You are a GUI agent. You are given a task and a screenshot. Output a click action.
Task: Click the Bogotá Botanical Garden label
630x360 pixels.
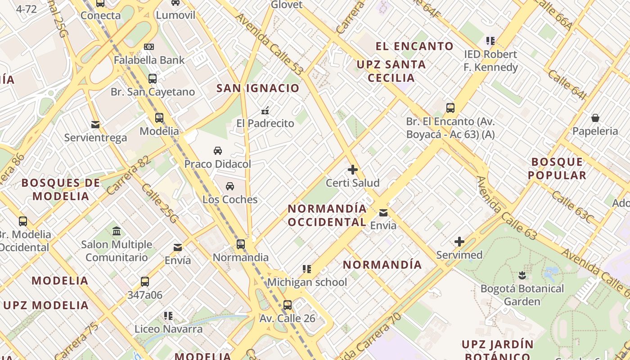pyautogui.click(x=522, y=295)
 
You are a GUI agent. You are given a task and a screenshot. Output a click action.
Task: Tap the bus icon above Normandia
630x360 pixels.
pyautogui.click(x=241, y=244)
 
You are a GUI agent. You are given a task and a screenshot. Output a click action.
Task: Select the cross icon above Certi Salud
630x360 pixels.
pyautogui.click(x=353, y=170)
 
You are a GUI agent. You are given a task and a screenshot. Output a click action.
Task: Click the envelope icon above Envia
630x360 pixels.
pyautogui.click(x=383, y=212)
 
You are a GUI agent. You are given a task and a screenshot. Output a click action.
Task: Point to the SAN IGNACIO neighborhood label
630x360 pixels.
pyautogui.click(x=258, y=88)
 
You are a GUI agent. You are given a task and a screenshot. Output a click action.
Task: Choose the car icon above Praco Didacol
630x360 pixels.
pyautogui.click(x=218, y=150)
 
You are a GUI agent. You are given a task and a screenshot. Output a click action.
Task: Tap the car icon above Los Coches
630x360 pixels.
pyautogui.click(x=230, y=186)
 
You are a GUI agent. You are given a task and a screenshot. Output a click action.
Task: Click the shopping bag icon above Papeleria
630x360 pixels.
pyautogui.click(x=595, y=118)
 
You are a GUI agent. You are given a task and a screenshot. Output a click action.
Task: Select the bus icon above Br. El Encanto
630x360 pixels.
pyautogui.click(x=450, y=108)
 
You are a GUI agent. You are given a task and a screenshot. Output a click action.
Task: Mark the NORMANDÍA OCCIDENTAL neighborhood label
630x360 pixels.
pyautogui.click(x=327, y=216)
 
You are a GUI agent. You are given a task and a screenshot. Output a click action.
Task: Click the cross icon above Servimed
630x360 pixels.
pyautogui.click(x=459, y=242)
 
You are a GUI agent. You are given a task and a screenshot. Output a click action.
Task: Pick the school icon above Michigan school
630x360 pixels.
pyautogui.click(x=307, y=269)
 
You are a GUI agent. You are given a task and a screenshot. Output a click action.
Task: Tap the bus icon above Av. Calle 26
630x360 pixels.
pyautogui.click(x=288, y=305)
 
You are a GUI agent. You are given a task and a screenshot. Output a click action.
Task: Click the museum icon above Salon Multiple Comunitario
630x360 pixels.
pyautogui.click(x=117, y=231)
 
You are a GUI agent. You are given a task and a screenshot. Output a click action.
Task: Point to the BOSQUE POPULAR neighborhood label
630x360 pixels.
pyautogui.click(x=557, y=168)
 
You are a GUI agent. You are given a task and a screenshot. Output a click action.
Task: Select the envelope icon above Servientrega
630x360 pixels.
pyautogui.click(x=95, y=124)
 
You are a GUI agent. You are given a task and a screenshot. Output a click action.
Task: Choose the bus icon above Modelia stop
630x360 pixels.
pyautogui.click(x=159, y=118)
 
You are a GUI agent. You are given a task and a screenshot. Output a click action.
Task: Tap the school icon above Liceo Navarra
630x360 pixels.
pyautogui.click(x=168, y=316)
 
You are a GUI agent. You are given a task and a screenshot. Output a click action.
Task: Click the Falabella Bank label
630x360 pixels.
pyautogui.click(x=149, y=60)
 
